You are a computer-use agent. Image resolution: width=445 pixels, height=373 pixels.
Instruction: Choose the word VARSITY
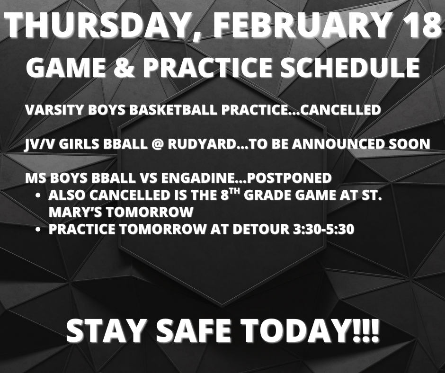point(50,110)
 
